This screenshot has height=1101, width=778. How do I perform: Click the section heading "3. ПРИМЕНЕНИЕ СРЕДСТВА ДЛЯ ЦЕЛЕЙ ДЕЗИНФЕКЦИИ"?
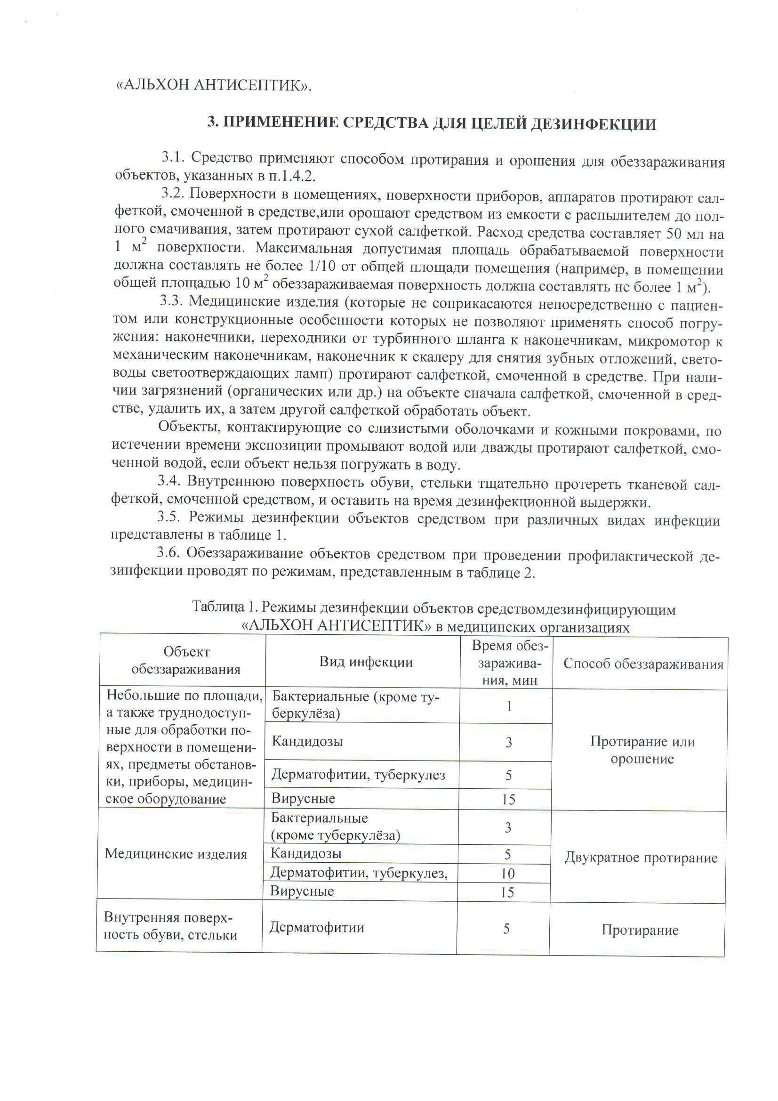(x=432, y=124)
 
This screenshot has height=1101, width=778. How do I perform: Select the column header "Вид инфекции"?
(x=366, y=662)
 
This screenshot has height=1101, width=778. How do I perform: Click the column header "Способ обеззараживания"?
(x=643, y=664)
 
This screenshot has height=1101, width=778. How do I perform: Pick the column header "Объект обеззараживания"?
(x=186, y=660)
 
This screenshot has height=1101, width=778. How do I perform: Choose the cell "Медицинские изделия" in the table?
(x=176, y=854)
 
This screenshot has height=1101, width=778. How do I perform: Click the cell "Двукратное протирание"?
(x=641, y=858)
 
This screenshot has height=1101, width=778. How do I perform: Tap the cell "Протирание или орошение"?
(x=642, y=750)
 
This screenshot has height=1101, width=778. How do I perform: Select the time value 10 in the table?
(x=507, y=873)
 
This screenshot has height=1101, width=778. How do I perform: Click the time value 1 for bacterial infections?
(x=509, y=706)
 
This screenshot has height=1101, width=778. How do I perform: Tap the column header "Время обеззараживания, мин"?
(x=509, y=663)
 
